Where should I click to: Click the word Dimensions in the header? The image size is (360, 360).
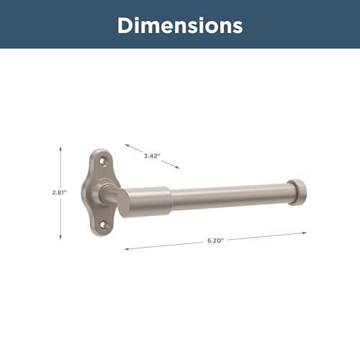180,25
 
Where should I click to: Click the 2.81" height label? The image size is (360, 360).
59,192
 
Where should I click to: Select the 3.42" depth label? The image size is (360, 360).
152,156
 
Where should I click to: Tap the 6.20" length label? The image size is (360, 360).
215,240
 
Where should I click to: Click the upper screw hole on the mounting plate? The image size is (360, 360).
103,161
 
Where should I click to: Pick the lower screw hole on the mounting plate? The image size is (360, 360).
103,225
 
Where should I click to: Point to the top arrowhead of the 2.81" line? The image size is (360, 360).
60,148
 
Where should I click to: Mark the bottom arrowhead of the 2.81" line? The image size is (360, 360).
60,237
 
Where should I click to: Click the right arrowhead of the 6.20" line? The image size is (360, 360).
304,233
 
